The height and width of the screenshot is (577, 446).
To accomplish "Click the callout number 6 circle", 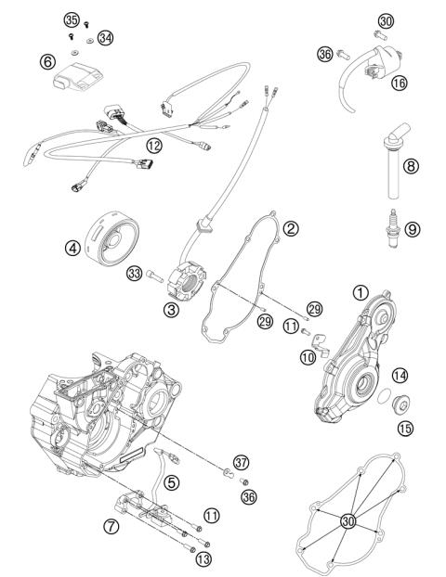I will click(46, 62).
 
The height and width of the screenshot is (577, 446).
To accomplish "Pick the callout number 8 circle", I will click(412, 167).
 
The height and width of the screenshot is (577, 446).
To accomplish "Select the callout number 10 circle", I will click(308, 355).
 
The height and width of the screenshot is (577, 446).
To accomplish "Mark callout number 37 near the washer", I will click(242, 462).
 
